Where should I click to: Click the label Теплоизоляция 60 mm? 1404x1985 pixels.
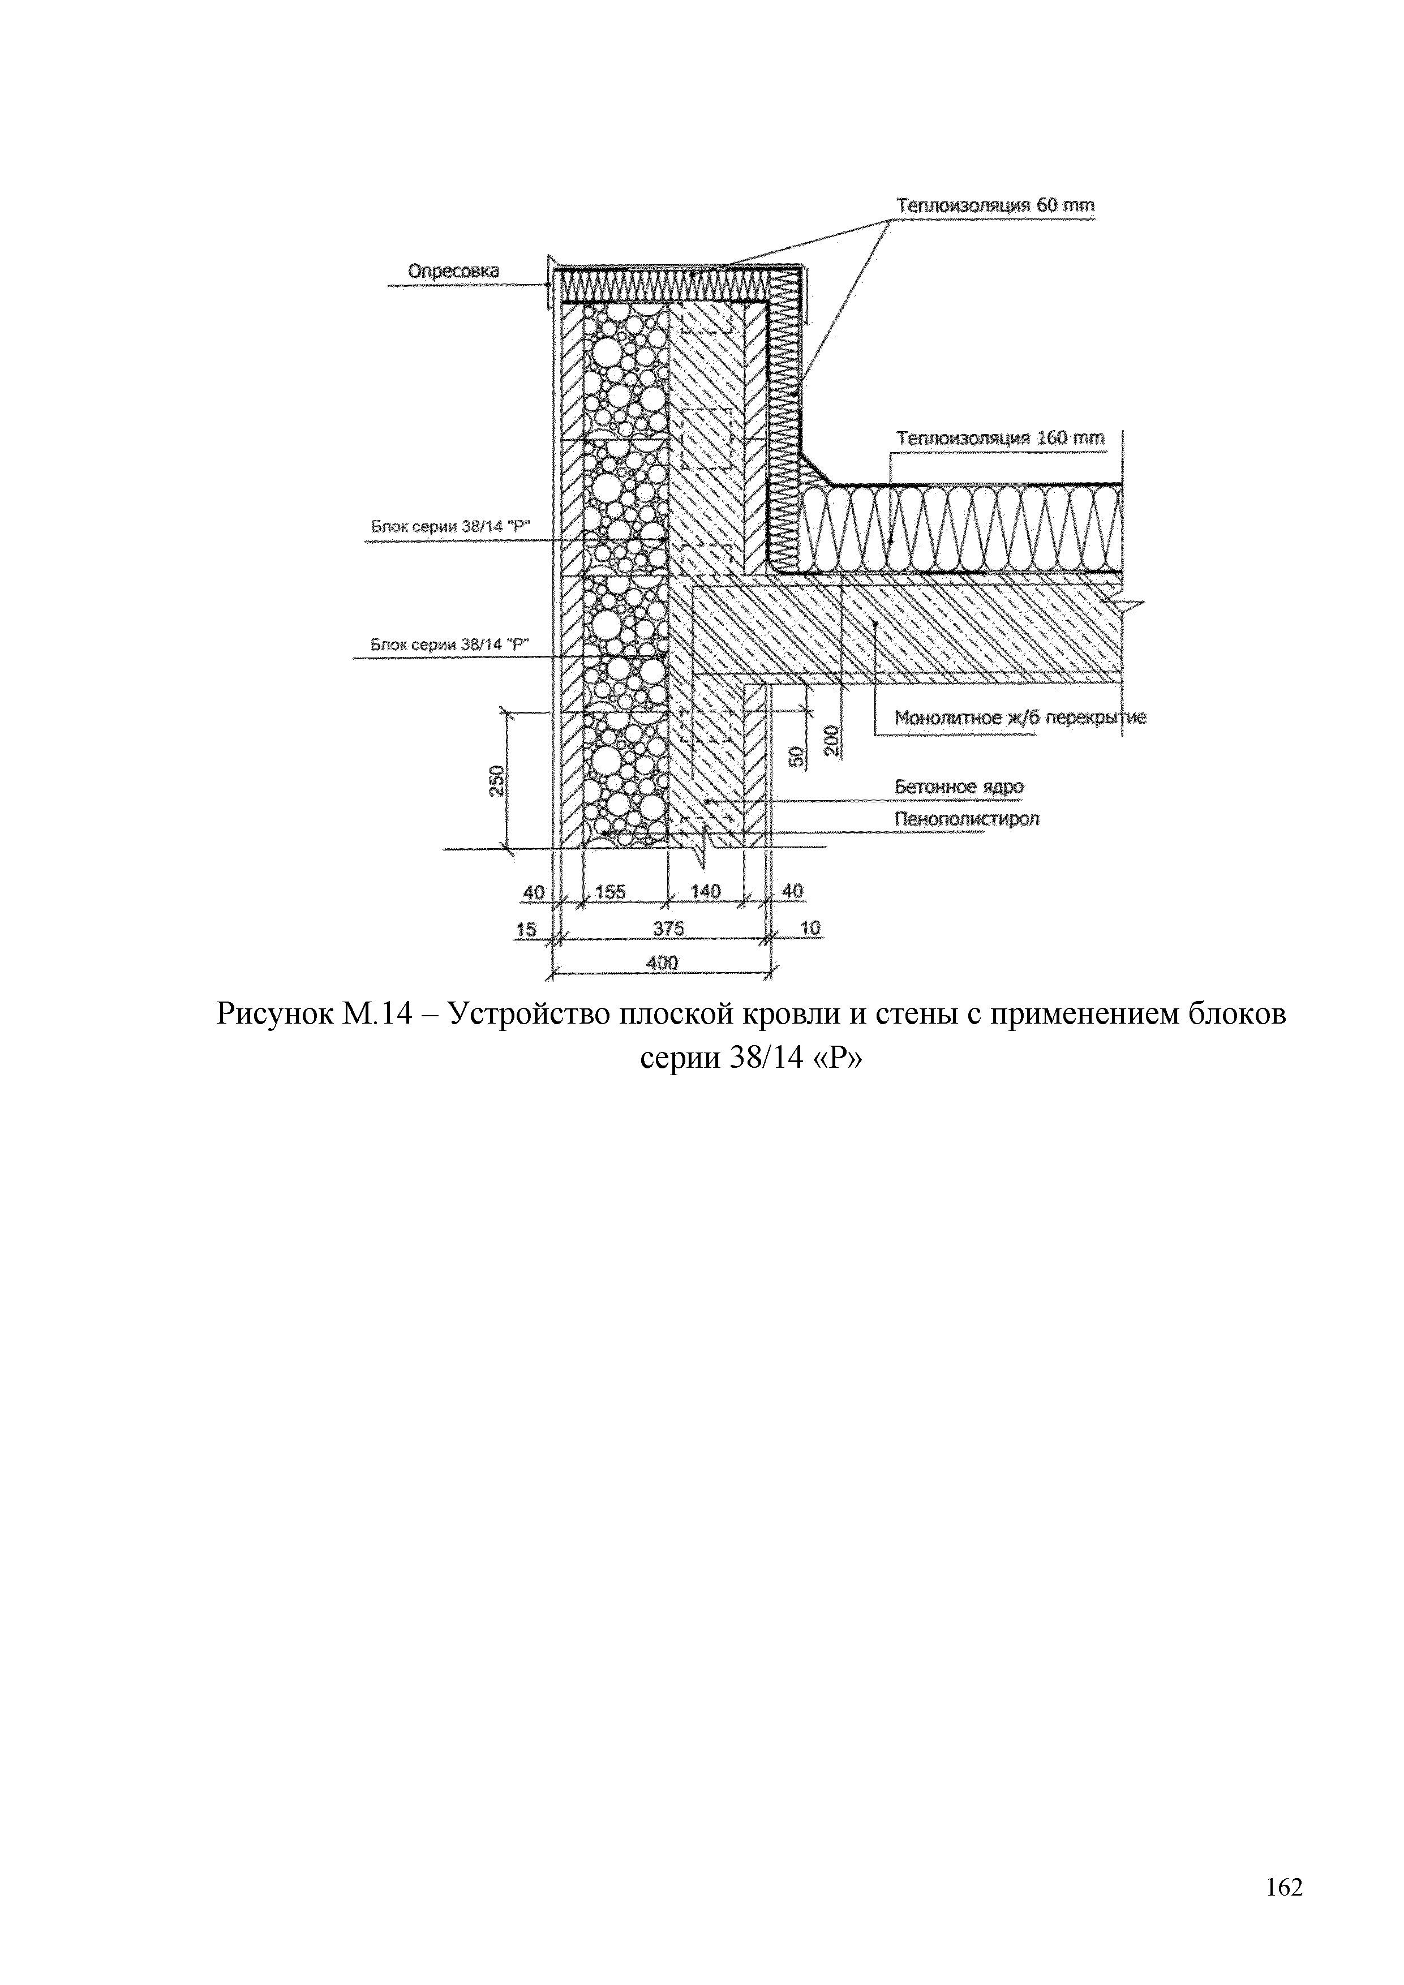[995, 206]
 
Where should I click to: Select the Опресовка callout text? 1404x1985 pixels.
[453, 272]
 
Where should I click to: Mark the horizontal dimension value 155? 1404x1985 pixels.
[611, 891]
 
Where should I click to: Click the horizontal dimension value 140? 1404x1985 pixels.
[706, 891]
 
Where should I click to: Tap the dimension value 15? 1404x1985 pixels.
[526, 929]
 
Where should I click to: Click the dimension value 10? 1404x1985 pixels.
[810, 929]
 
